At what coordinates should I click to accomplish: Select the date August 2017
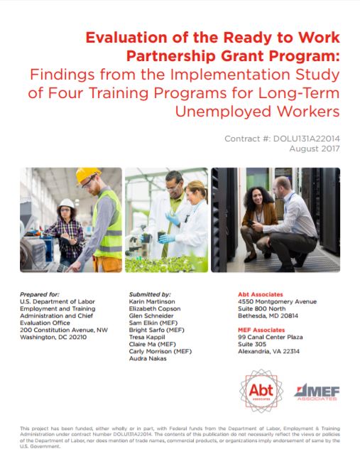tap(318, 149)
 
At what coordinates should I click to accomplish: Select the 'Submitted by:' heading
tap(148, 294)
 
